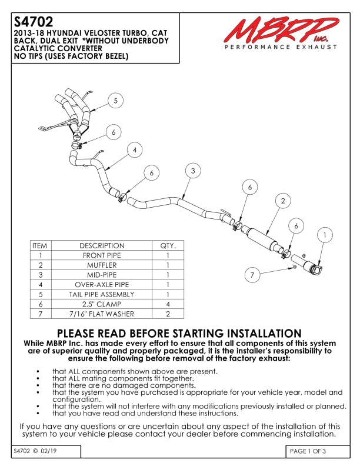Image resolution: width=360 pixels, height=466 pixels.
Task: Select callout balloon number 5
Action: (x=115, y=101)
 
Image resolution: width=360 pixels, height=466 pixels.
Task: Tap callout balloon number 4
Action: (x=135, y=150)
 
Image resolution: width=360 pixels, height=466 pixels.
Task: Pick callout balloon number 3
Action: (x=193, y=171)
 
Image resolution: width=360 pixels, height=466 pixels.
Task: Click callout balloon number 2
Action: (x=283, y=201)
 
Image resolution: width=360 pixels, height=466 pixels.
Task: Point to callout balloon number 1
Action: (x=324, y=235)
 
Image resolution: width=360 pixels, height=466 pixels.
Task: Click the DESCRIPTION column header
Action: (x=102, y=245)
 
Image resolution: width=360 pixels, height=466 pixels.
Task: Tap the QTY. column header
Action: (x=168, y=245)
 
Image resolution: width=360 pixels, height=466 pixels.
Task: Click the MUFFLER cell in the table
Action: (x=102, y=265)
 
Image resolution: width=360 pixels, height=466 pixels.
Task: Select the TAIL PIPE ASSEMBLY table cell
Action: (x=102, y=294)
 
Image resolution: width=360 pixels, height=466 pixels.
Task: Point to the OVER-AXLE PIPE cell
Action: (x=102, y=284)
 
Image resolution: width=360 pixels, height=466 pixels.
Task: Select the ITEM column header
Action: (x=40, y=245)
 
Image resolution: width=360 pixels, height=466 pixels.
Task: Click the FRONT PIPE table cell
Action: (x=102, y=255)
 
